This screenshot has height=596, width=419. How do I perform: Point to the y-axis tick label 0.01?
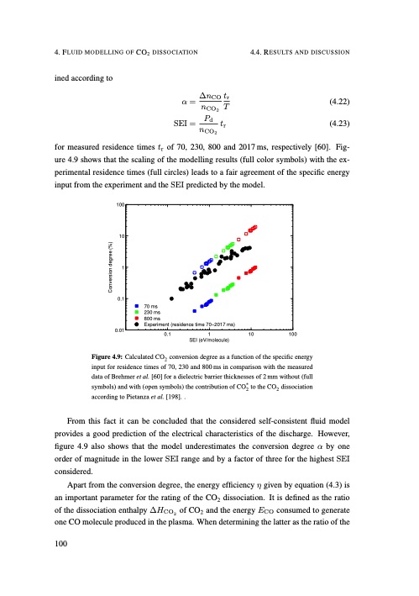tap(120, 330)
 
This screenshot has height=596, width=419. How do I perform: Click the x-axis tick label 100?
tap(291, 335)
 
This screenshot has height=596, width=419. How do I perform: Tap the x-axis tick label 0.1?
tap(167, 335)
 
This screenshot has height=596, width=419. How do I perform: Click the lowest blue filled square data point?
tap(170, 311)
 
